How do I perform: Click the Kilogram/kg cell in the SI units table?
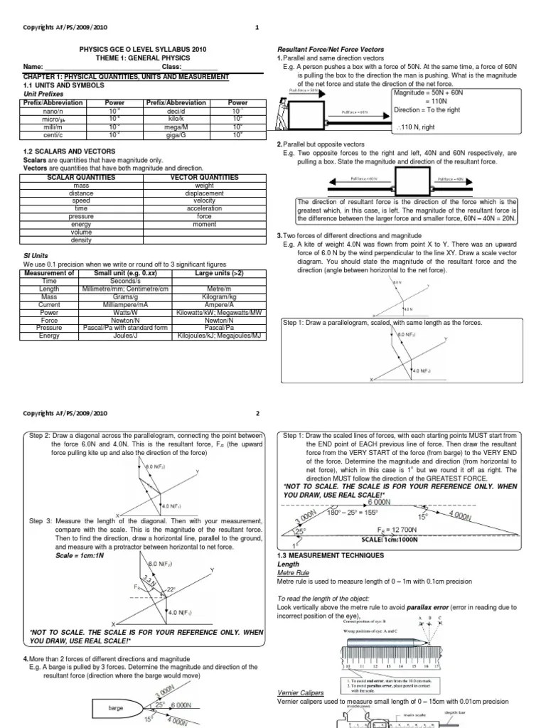pyautogui.click(x=218, y=296)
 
